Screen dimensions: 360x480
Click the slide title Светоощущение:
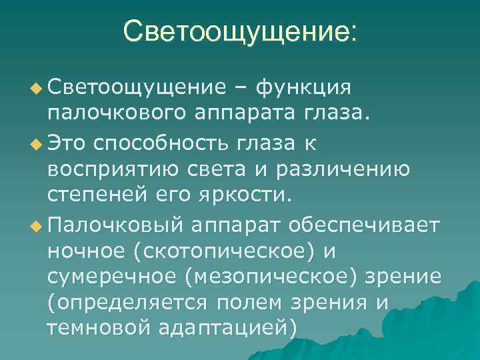pyautogui.click(x=240, y=31)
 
